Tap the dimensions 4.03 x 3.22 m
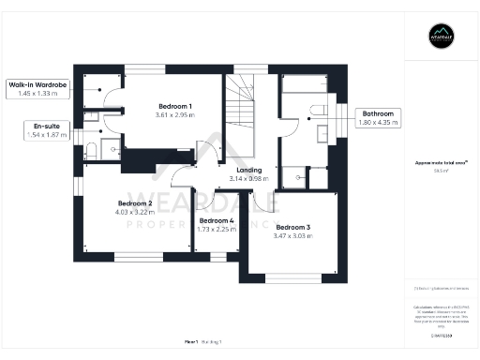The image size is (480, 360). pos(135,212)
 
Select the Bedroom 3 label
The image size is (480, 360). pos(293,227)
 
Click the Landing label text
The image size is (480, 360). pos(248,170)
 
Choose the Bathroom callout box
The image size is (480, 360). pos(379,118)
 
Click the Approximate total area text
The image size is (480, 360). pos(441,162)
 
